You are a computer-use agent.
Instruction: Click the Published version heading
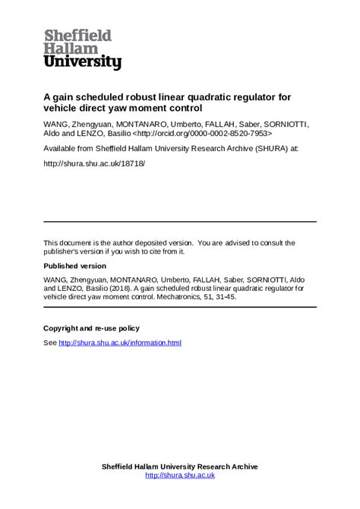coord(75,267)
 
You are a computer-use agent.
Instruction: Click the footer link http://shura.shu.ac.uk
coord(180,476)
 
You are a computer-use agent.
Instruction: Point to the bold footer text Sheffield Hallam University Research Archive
coord(180,466)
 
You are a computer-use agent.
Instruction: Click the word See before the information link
coord(50,343)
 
